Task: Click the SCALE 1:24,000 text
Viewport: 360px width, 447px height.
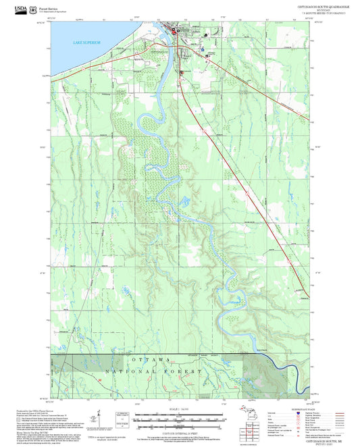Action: coord(179,409)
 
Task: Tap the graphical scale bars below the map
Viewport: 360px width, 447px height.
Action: coord(179,421)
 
